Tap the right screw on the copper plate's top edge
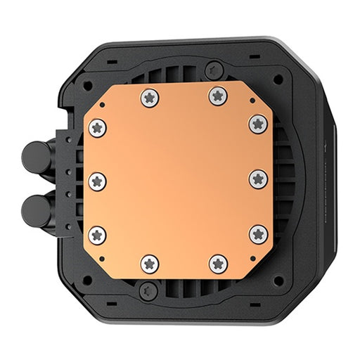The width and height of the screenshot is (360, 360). pyautogui.click(x=217, y=96)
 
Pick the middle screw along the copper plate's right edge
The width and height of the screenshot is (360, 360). pyautogui.click(x=258, y=179)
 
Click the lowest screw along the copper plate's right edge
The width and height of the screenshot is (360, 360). pyautogui.click(x=258, y=234)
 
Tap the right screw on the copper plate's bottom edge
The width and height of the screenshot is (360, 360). pyautogui.click(x=218, y=263)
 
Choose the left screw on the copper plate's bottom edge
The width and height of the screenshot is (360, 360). pyautogui.click(x=150, y=264)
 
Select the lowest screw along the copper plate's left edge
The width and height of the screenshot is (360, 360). pyautogui.click(x=98, y=235)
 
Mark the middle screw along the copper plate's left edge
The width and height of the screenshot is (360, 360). pyautogui.click(x=98, y=181)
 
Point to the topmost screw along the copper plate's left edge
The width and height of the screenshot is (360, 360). pyautogui.click(x=98, y=127)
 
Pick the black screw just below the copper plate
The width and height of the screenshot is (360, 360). pyautogui.click(x=148, y=288)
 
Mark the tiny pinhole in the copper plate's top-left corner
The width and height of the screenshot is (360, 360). pyautogui.click(x=101, y=105)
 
